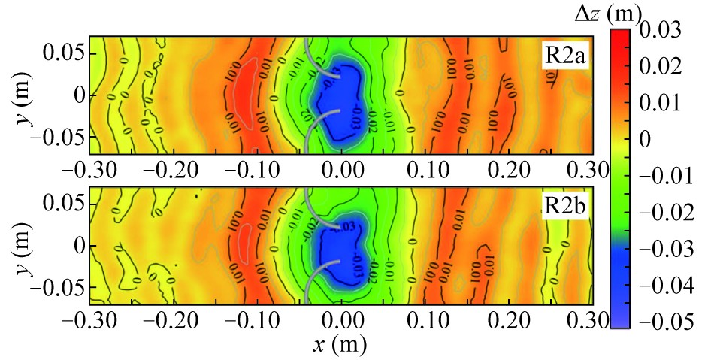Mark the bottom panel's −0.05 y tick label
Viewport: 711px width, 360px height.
pos(56,289)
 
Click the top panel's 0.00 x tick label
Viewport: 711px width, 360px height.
pos(342,169)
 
